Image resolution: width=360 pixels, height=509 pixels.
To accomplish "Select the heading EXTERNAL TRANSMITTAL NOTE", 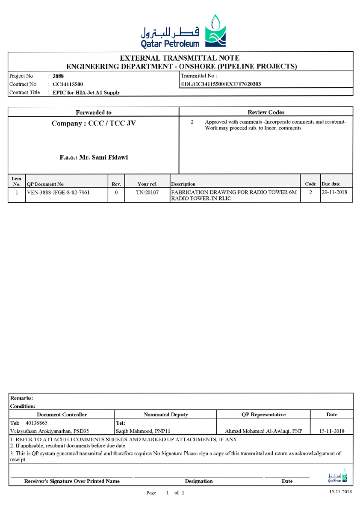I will point(180,58).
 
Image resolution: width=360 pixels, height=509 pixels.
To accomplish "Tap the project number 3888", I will point(58,76).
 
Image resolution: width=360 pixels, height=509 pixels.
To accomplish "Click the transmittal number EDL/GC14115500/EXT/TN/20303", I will point(221,84).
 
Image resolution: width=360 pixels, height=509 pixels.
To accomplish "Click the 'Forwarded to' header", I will point(94,112).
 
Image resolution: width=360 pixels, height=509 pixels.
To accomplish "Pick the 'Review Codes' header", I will point(266,112).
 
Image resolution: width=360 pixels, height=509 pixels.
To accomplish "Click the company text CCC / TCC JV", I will point(112,124).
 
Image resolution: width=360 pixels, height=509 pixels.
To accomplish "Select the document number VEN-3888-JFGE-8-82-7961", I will point(61,193).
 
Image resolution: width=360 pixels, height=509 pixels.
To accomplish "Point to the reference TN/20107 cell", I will point(147,193).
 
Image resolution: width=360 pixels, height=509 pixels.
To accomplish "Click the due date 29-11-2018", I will point(336,193).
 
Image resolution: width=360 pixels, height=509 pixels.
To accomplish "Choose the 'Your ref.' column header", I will point(147,184).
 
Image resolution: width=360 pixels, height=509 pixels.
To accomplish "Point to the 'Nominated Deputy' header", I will point(165,415).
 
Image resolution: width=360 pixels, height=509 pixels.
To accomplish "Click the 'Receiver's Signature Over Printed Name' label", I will point(72,481).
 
